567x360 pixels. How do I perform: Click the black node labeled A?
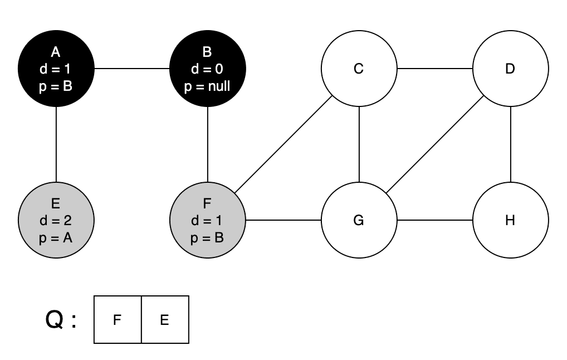coord(56,69)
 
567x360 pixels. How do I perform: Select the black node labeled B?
coord(208,69)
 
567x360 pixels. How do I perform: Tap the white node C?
coord(359,69)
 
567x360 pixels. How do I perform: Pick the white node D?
coord(510,69)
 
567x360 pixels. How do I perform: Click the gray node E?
coord(56,220)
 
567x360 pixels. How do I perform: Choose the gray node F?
coord(208,220)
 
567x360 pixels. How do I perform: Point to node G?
coord(359,220)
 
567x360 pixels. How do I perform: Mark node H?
coord(510,220)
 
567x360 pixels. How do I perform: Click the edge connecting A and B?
coord(132,69)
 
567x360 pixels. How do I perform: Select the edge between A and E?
coord(56,144)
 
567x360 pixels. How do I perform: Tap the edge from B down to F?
coord(208,144)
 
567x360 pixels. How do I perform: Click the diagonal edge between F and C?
coord(283,145)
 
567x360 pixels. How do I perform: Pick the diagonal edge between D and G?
coord(434,145)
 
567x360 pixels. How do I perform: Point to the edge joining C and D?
coord(434,69)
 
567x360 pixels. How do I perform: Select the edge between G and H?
coord(434,220)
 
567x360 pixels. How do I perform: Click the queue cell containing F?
coord(118,320)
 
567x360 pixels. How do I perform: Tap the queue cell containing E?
coord(165,320)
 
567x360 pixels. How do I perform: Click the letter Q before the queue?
coord(55,320)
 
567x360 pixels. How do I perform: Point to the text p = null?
coord(208,86)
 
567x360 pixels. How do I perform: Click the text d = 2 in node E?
coord(56,221)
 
